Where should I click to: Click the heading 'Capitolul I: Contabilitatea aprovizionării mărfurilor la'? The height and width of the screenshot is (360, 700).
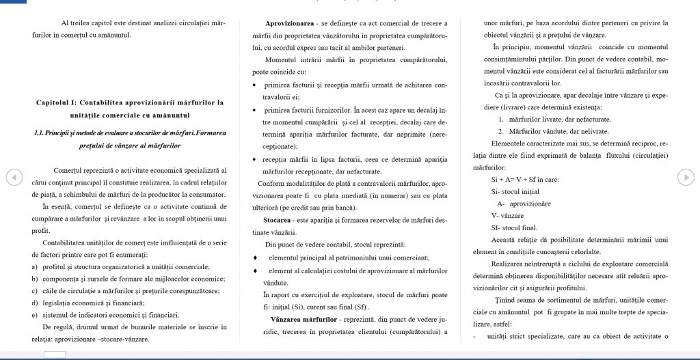(129, 102)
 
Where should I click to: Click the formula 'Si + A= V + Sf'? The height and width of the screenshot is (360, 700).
(514, 180)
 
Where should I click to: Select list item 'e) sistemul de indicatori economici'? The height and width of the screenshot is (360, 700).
(105, 315)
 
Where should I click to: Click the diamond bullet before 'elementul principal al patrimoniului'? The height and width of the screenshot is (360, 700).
(255, 258)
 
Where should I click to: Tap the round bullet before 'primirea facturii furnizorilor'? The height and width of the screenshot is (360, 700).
(255, 110)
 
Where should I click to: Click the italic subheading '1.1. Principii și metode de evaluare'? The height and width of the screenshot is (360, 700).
(129, 132)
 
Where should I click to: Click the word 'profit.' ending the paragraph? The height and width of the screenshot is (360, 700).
(42, 230)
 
